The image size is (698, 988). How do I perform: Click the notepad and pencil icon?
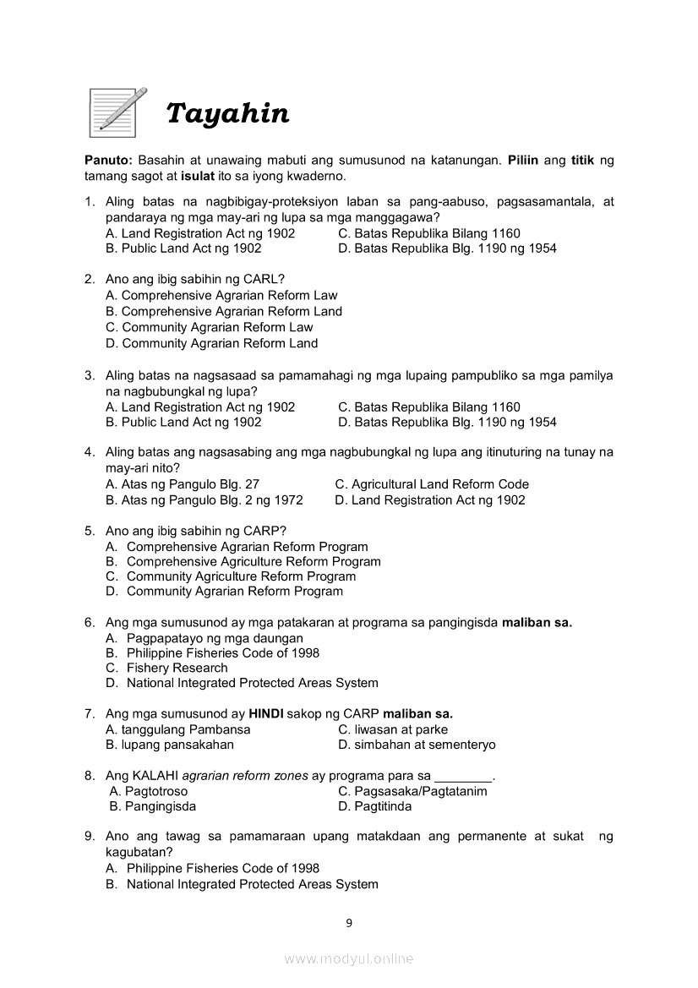pos(117,112)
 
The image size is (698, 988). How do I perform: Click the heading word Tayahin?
pos(227,113)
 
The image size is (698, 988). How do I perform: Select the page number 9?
pos(349,923)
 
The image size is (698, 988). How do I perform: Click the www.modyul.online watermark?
pos(349,959)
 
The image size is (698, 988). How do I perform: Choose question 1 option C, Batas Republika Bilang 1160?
pos(428,233)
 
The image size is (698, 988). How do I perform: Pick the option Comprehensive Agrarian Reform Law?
pos(221,296)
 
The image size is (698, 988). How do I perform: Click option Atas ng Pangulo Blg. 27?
pos(183,484)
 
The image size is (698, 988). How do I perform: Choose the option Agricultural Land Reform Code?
pos(432,484)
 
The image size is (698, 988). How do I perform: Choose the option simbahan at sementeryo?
pos(417,745)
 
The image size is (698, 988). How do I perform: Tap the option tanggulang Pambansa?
pos(178,729)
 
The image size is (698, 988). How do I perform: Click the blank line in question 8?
pos(462,777)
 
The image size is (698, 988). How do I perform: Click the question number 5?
pos(89,531)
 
